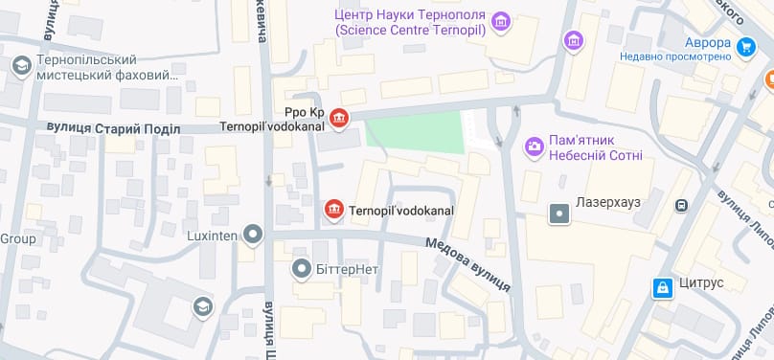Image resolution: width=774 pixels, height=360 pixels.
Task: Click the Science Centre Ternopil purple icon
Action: (x=500, y=21)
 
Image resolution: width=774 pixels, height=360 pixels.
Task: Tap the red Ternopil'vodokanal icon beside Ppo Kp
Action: (x=339, y=118)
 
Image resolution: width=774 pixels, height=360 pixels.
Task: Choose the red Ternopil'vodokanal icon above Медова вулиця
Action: (x=333, y=210)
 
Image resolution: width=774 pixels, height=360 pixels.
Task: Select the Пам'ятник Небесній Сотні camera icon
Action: (x=533, y=147)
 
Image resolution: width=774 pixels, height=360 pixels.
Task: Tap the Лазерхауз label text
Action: (x=607, y=204)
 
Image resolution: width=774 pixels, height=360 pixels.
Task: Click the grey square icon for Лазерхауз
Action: (x=558, y=213)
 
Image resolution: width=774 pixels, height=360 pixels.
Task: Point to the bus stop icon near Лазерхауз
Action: (x=682, y=204)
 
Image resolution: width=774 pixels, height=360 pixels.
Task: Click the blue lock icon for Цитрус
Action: (x=661, y=287)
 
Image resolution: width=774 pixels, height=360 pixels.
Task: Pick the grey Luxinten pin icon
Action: (x=253, y=233)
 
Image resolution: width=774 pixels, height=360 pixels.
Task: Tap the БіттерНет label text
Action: (x=347, y=268)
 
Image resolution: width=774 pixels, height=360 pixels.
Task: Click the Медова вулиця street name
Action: (x=468, y=265)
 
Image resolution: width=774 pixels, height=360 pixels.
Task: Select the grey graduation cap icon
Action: (x=203, y=306)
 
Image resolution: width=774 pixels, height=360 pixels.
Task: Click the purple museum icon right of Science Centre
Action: (x=573, y=40)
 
